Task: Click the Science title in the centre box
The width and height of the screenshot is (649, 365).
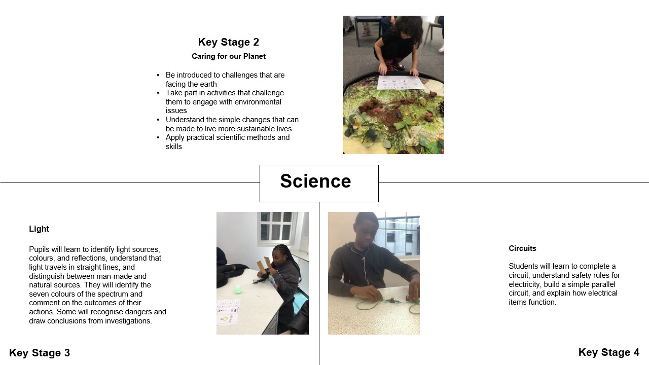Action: (x=315, y=181)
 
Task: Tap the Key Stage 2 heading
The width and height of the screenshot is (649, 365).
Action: (x=229, y=42)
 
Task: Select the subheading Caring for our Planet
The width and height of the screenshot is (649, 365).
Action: (x=229, y=56)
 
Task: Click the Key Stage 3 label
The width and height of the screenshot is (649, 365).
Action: (x=40, y=353)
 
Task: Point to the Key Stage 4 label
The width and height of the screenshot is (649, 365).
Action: (x=609, y=352)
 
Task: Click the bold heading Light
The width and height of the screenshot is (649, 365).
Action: (x=39, y=229)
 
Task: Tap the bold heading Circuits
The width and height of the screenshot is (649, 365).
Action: (x=522, y=248)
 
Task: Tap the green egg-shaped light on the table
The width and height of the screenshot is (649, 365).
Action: (x=238, y=289)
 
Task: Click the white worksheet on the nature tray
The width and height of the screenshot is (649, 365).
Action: (x=400, y=83)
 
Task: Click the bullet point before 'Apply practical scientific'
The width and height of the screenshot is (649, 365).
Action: (x=158, y=137)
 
